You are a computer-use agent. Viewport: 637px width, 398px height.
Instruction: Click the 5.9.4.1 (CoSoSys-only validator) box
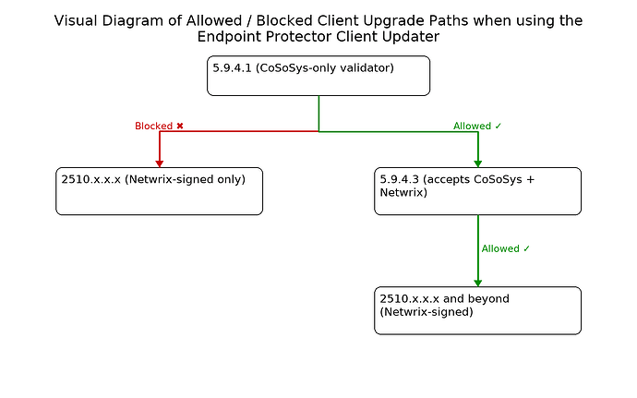(x=318, y=76)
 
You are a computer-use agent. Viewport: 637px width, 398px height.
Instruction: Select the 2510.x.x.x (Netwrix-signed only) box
(x=159, y=191)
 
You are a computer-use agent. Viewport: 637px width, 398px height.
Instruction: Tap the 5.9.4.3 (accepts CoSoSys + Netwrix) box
(x=477, y=191)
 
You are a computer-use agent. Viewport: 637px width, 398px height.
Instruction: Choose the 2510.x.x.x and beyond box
(x=477, y=310)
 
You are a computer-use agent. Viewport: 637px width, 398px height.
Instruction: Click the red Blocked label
(x=153, y=126)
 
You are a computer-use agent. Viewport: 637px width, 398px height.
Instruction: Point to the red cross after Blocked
(x=180, y=126)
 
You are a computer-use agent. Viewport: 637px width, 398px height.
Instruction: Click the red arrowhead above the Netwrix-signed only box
(x=160, y=162)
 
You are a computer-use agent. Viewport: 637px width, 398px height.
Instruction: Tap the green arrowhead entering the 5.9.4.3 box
(x=477, y=162)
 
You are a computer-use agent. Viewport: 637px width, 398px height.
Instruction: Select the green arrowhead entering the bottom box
(x=477, y=281)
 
